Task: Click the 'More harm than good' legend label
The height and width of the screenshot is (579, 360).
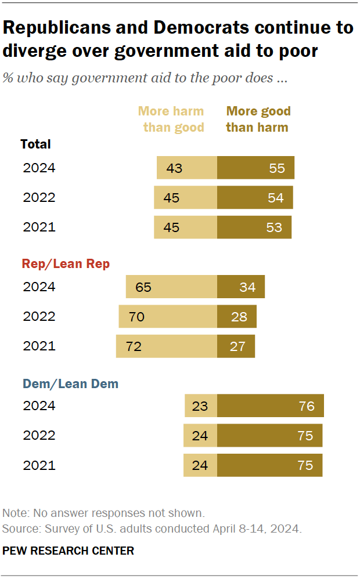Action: coord(173,119)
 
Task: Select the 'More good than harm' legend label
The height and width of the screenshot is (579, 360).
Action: coord(258,119)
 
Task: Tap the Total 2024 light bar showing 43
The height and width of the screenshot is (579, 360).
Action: coord(187,168)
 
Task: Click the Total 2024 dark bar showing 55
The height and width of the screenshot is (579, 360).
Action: coord(255,168)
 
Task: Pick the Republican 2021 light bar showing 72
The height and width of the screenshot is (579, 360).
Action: coord(167,346)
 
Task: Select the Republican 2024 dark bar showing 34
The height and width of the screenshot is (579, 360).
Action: coord(241,287)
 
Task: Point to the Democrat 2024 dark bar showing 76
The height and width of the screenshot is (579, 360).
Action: coord(271,406)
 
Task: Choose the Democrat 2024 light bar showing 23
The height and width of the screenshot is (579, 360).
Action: coord(201,406)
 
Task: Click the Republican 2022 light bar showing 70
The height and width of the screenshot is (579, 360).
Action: coord(168,317)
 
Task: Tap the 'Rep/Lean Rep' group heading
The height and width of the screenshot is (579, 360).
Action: coord(66,264)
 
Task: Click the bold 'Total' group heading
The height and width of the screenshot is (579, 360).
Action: coord(35,144)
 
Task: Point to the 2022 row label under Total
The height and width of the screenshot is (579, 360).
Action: coord(39,197)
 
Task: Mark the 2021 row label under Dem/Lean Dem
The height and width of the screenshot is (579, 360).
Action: coord(39,465)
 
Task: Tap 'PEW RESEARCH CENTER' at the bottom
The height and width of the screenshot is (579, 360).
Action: coord(69,551)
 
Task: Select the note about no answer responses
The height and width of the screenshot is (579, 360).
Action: coord(103,513)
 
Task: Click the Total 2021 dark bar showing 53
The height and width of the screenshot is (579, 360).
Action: coord(254,227)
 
